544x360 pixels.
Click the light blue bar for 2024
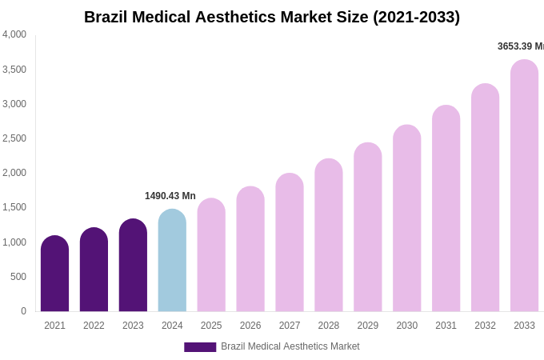(x=172, y=261)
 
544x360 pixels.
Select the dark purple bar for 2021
(x=54, y=274)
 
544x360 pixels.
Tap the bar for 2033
(x=524, y=186)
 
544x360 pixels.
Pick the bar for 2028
(x=329, y=235)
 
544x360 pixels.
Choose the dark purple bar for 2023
(x=133, y=266)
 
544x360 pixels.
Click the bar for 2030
(x=406, y=218)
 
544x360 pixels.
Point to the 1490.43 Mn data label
(x=170, y=196)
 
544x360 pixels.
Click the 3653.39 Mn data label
(x=520, y=46)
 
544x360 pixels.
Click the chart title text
(x=272, y=17)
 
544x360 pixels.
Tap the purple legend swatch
(x=200, y=347)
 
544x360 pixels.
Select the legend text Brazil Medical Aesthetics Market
(x=290, y=346)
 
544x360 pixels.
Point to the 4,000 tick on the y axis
(x=14, y=34)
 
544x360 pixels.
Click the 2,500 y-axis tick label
(x=14, y=138)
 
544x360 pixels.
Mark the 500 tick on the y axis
(x=18, y=277)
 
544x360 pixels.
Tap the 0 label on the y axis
(x=23, y=311)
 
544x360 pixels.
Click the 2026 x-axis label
(x=250, y=326)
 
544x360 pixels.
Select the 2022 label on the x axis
(x=94, y=326)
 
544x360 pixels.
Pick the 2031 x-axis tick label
(x=446, y=326)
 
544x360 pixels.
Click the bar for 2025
(x=211, y=255)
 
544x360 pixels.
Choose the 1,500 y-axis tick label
(x=14, y=207)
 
